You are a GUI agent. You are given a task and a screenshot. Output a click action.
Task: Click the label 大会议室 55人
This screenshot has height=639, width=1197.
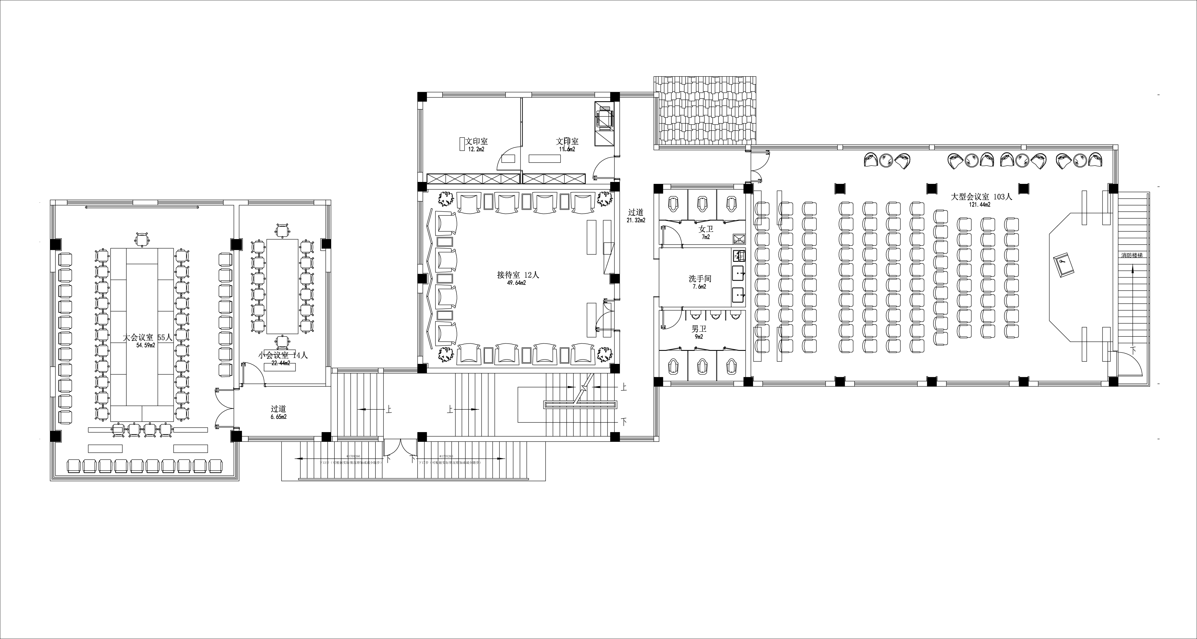147,338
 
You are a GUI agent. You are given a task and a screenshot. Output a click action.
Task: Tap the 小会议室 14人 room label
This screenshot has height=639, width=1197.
283,355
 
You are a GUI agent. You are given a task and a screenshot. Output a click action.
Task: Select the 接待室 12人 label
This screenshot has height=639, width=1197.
518,275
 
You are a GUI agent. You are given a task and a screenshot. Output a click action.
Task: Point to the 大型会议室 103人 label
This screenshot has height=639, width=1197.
981,197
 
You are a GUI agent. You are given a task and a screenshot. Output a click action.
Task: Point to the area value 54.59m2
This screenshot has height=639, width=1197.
145,346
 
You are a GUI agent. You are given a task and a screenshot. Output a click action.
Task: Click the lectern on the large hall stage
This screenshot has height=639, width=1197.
1064,265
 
